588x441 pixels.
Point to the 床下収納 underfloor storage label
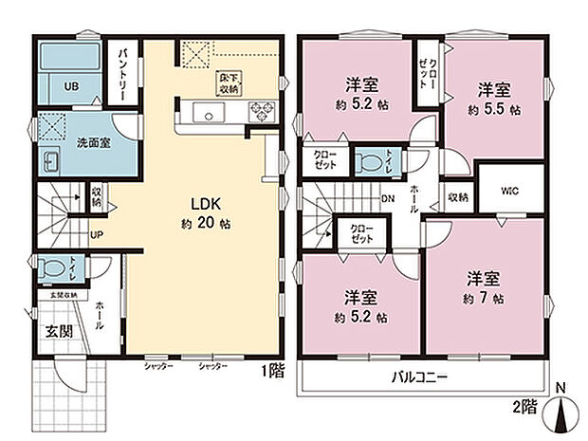(229, 83)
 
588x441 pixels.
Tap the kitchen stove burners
(259, 114)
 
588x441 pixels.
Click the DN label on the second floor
(388, 199)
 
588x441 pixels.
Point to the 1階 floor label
(271, 372)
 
